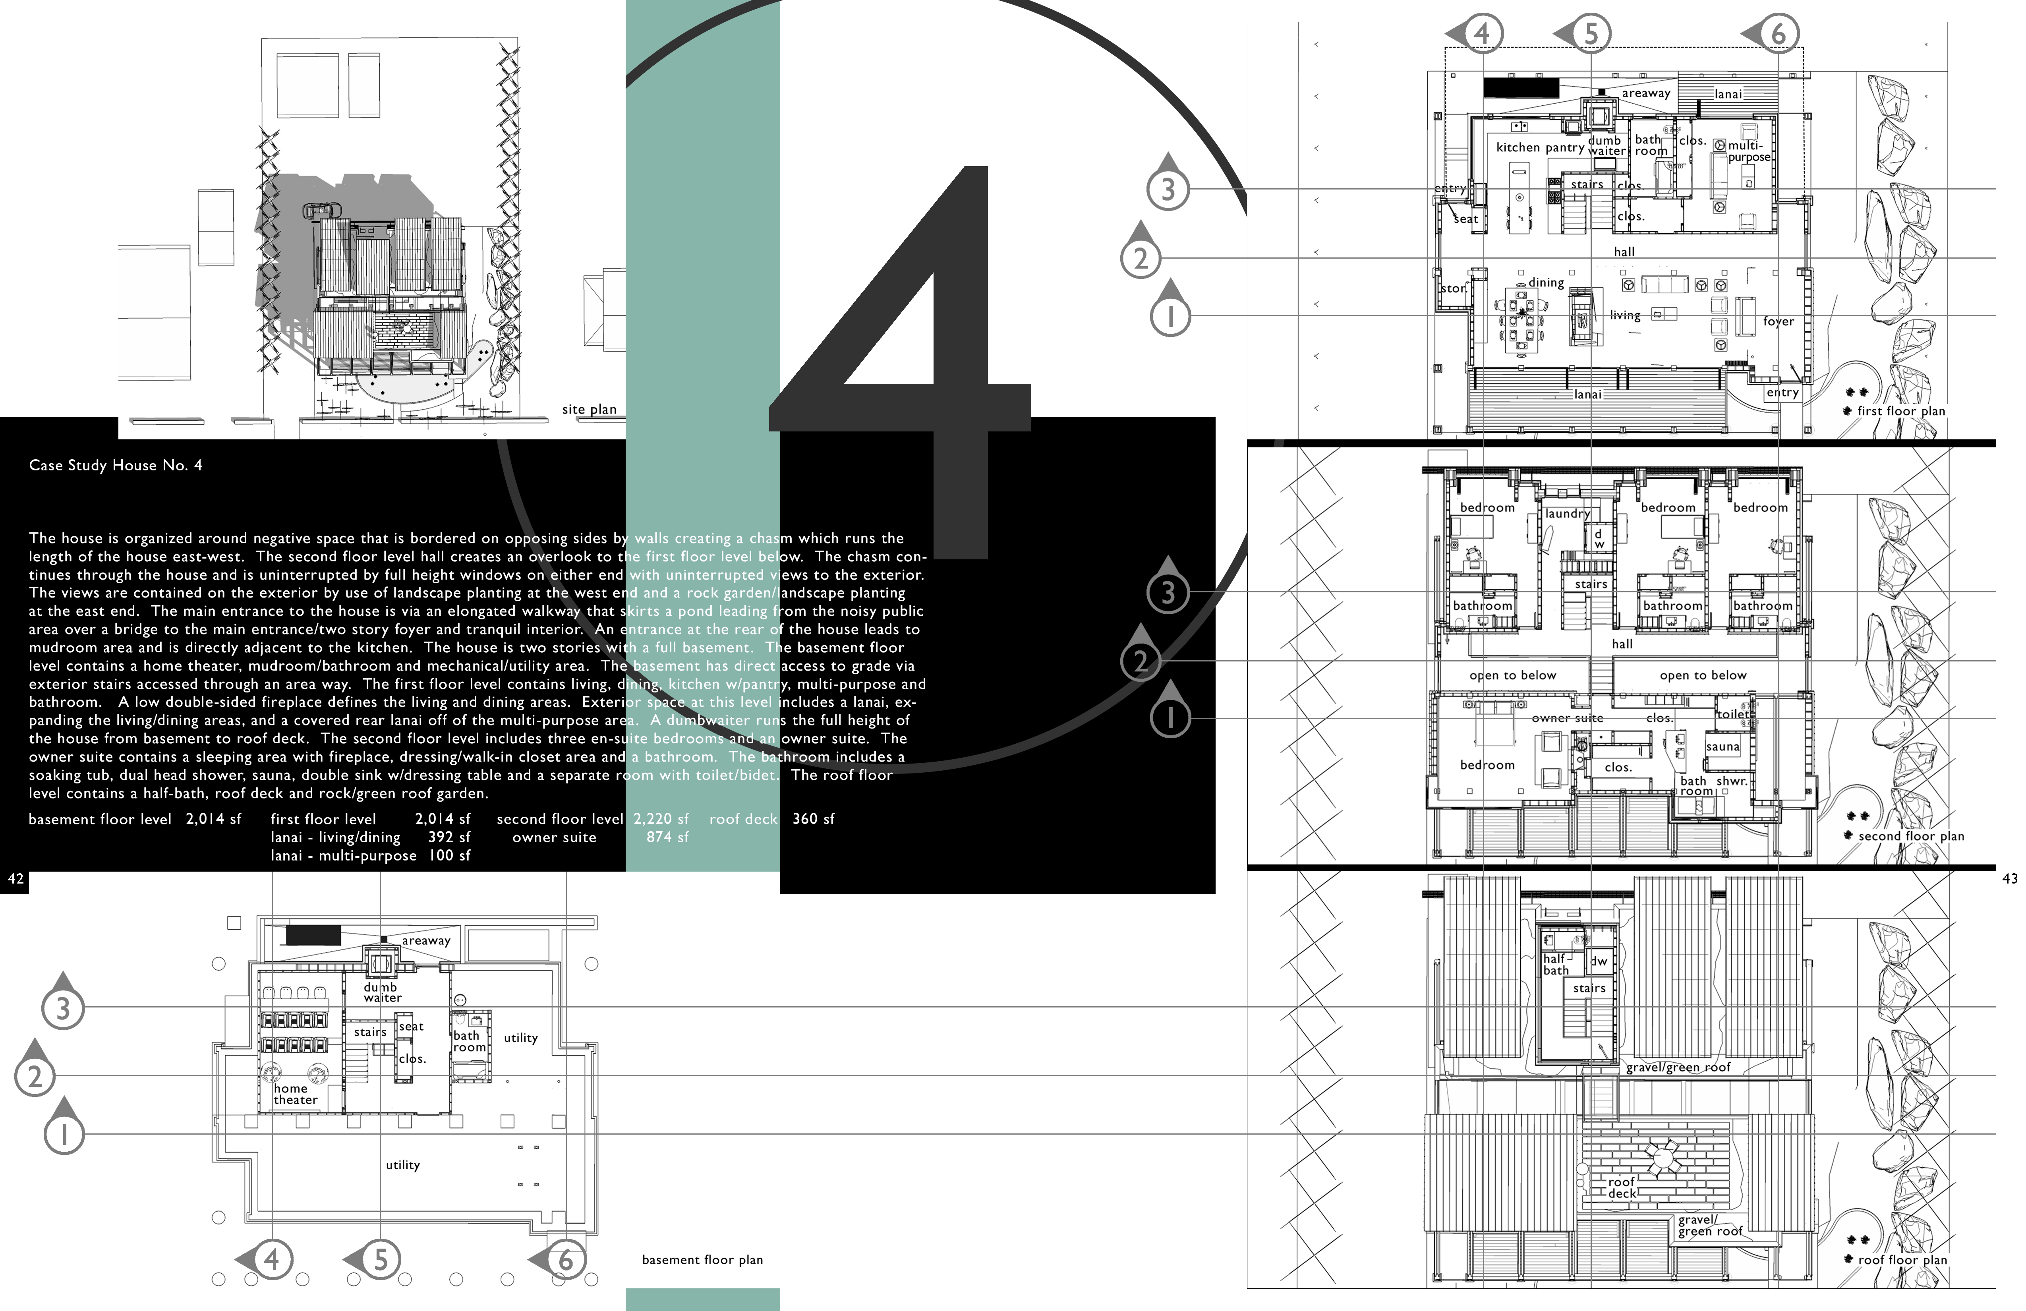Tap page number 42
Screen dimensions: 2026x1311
click(15, 878)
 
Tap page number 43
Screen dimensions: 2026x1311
click(2009, 878)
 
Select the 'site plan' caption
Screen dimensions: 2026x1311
click(589, 410)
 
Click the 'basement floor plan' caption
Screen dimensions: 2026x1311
click(702, 1260)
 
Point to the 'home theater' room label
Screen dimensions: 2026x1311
click(296, 1094)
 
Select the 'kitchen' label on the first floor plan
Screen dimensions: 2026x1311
click(1518, 147)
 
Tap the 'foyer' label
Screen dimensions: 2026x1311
click(1778, 322)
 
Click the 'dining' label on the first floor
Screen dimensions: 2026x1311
click(1546, 282)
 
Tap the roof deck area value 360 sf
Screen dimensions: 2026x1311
click(813, 819)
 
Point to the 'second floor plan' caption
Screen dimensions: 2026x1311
click(1911, 836)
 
